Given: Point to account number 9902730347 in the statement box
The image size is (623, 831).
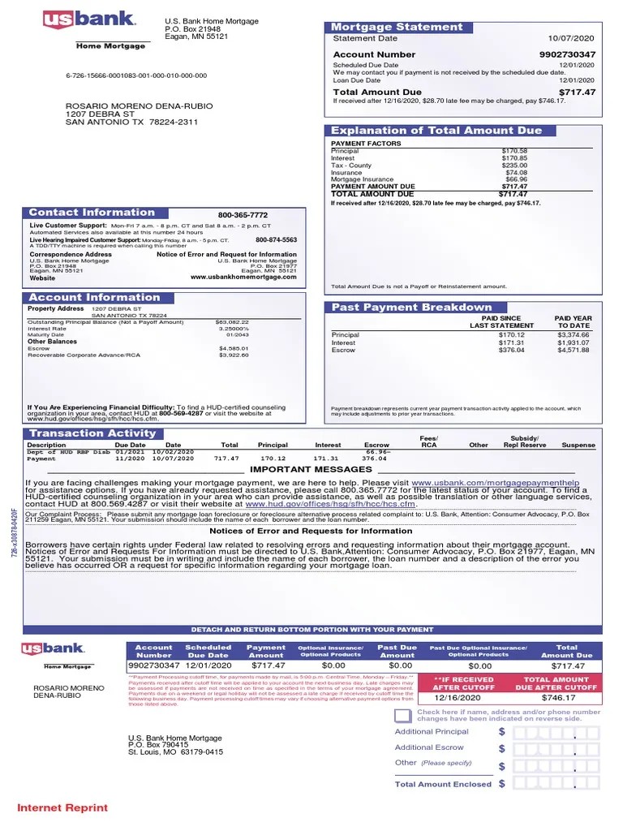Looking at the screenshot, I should (567, 54).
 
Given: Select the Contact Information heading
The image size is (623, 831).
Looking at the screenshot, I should (92, 213).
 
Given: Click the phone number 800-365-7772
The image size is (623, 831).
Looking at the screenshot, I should (243, 215).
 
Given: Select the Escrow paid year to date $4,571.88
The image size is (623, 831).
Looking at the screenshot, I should (573, 351).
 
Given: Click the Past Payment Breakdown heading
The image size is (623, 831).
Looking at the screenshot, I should (412, 307).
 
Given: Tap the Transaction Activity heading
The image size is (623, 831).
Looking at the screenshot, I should (92, 433).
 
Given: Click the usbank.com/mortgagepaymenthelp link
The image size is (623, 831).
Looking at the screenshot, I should (507, 483).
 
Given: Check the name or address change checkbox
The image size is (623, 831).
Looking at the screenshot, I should (403, 715).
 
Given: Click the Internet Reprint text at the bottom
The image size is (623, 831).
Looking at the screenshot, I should (62, 807).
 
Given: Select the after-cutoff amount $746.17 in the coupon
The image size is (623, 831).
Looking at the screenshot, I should (558, 697).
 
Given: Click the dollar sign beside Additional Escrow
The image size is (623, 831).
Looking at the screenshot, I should (502, 748).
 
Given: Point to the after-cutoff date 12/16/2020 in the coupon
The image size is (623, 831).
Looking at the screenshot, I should (458, 697).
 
